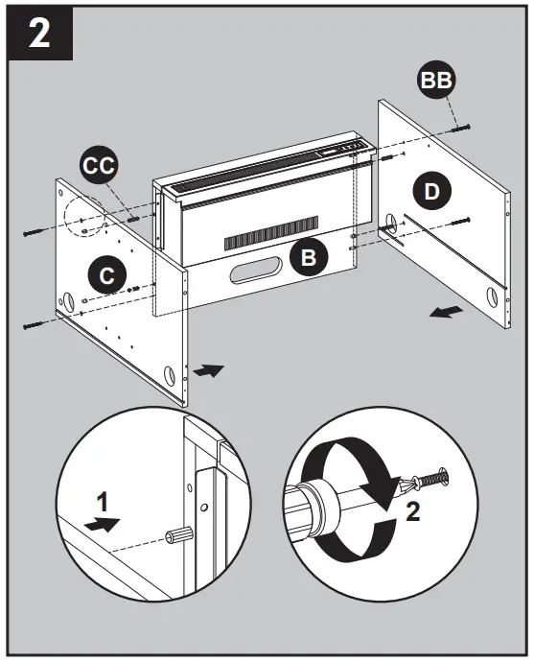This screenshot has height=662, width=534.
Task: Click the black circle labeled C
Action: [x=107, y=274]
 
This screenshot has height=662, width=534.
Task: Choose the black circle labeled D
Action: [x=432, y=191]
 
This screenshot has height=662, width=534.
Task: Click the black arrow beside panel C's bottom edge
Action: [x=208, y=369]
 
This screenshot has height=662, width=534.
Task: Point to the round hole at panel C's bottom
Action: [x=170, y=372]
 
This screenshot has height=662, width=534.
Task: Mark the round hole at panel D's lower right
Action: [x=491, y=296]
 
